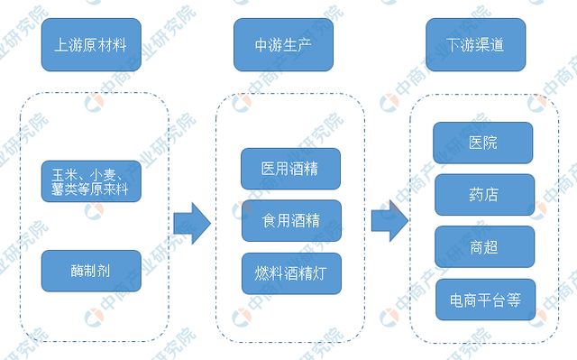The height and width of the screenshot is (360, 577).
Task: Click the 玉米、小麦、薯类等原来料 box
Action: (91, 180)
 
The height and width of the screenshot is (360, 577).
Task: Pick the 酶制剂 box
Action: (91, 270)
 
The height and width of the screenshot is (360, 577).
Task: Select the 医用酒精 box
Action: (290, 168)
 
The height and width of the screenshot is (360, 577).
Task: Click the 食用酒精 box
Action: (290, 220)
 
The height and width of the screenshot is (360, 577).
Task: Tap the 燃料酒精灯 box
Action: (290, 272)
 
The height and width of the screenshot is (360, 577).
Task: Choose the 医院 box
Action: (483, 143)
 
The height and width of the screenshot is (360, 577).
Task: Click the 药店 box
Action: (483, 195)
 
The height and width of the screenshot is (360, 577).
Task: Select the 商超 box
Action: (483, 246)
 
